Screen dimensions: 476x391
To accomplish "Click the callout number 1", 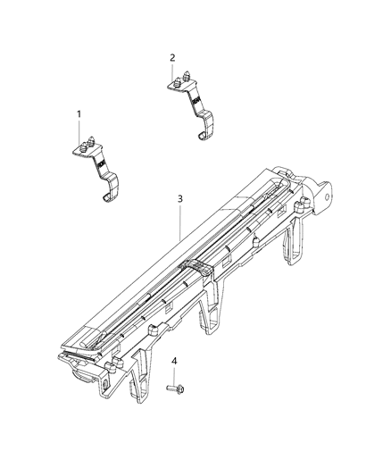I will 79,114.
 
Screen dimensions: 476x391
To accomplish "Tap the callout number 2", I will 171,58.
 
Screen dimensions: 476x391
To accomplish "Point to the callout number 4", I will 174,361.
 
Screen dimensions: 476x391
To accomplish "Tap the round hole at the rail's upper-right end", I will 329,191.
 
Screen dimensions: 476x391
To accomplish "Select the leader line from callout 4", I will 173,373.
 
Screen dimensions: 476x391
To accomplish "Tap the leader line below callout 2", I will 174,71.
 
